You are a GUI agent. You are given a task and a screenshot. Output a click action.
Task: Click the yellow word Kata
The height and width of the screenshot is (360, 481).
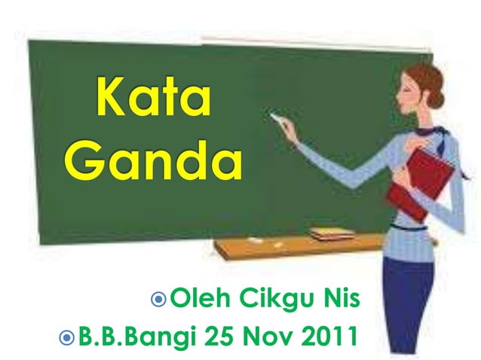tap(152, 102)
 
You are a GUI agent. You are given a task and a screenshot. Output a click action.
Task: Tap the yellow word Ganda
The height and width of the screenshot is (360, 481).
tap(152, 160)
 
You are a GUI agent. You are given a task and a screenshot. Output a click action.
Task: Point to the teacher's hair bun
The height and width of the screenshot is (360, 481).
tap(437, 97)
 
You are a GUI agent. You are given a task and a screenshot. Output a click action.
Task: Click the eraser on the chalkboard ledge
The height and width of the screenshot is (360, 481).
tap(331, 233)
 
